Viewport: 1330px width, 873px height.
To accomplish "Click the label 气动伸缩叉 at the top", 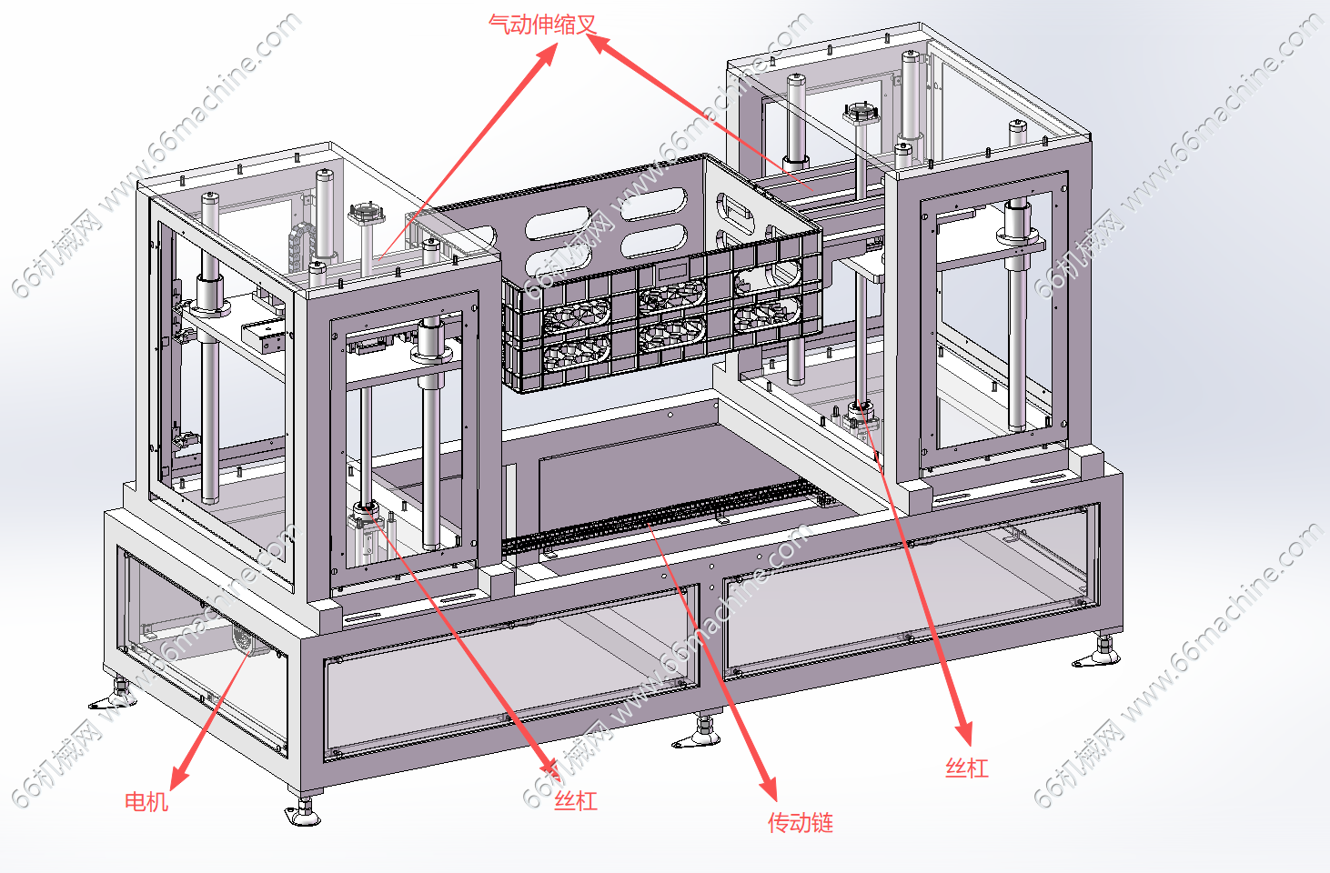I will coord(542,25).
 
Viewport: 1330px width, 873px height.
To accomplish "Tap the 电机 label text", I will coord(146,801).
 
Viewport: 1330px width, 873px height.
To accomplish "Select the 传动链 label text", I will coord(801,823).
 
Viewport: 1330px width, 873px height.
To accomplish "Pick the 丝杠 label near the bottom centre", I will coord(576,801).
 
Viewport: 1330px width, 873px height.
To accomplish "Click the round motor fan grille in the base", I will coord(242,638).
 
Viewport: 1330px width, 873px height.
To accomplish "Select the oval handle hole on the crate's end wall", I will coord(735,213).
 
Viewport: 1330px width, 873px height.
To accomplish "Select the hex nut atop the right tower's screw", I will coord(858,114).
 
